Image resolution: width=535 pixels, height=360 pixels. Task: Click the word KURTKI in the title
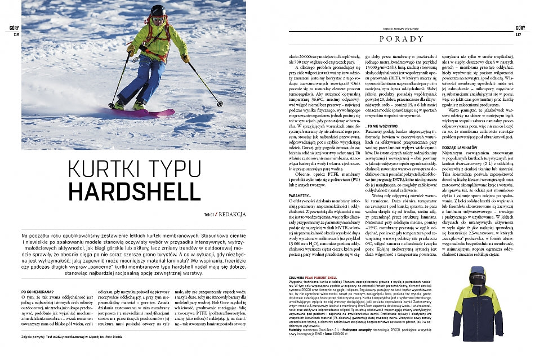pos(100,167)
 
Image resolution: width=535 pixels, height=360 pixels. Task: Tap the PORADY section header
pos(401,39)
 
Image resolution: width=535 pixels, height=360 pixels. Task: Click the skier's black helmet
pos(158,11)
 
